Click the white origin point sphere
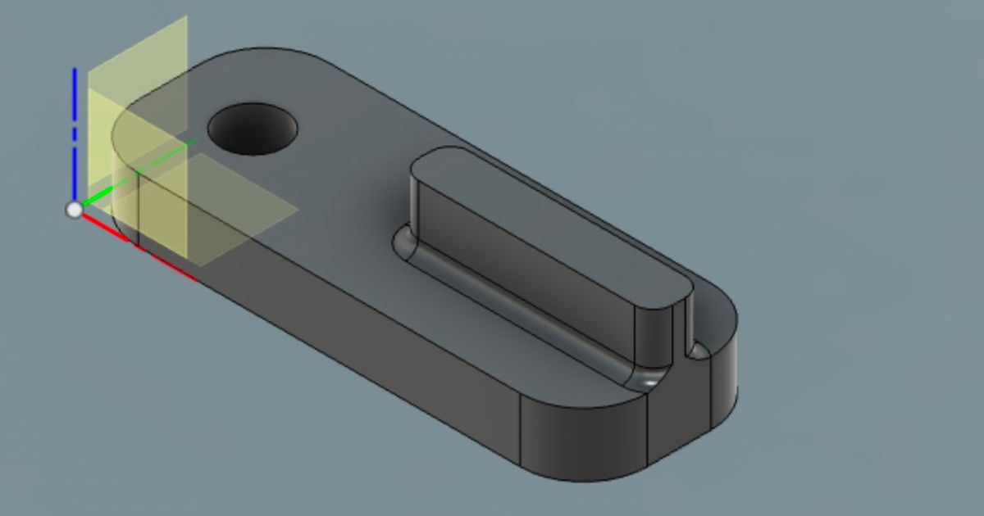point(75,210)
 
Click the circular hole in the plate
point(252,129)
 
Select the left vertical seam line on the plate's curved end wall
point(521,430)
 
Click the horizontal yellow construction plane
point(246,213)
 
